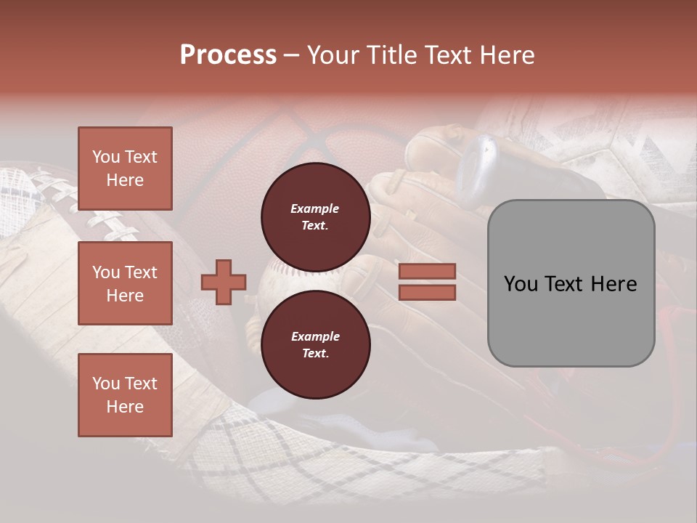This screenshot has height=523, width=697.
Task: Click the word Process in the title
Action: point(228,54)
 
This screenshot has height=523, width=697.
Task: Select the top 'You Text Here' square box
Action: point(125,169)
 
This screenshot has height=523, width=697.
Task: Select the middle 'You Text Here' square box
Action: point(125,283)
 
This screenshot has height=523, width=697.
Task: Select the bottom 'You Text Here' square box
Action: point(125,395)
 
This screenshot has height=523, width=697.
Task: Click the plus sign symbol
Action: point(224,283)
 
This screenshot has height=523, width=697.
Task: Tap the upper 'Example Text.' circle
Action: point(315,216)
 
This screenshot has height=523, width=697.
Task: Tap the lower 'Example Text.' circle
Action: point(315,344)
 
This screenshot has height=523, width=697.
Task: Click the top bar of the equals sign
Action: point(427,272)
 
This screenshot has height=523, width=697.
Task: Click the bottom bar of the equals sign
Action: point(427,292)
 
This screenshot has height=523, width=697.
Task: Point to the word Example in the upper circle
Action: point(315,208)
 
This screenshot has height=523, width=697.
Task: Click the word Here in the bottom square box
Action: point(125,407)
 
